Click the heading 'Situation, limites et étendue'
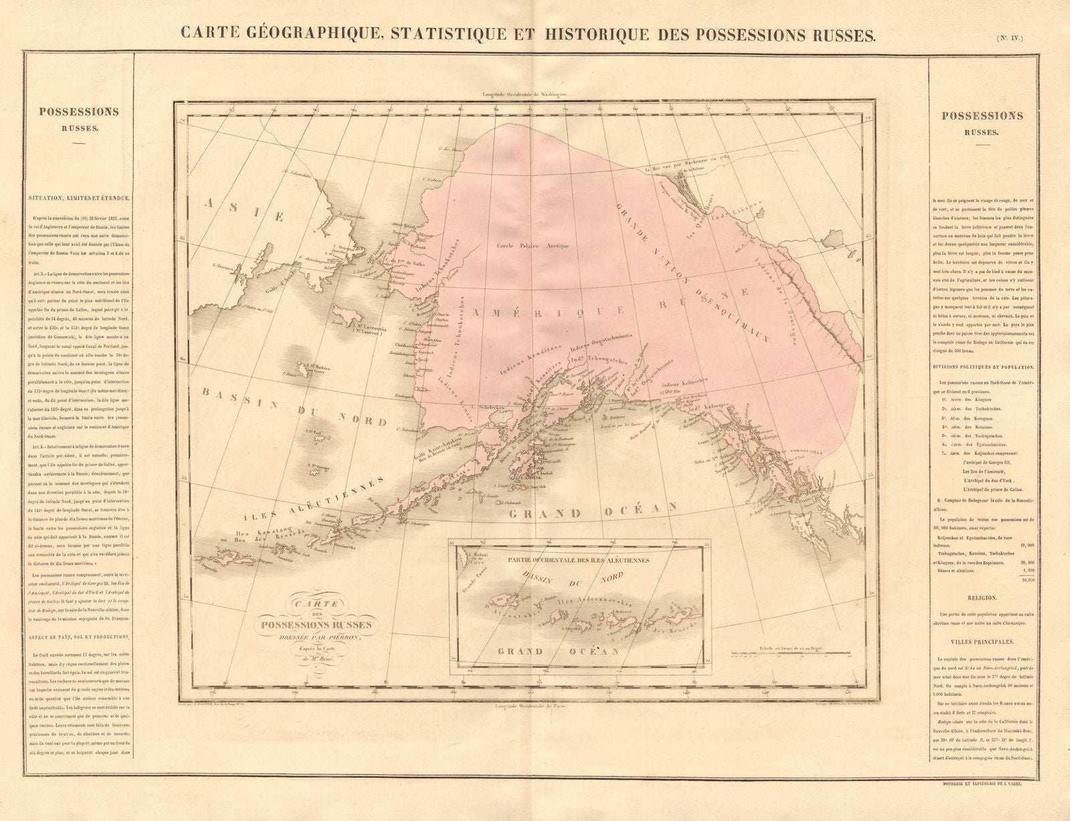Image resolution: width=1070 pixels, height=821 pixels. pyautogui.click(x=79, y=197)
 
